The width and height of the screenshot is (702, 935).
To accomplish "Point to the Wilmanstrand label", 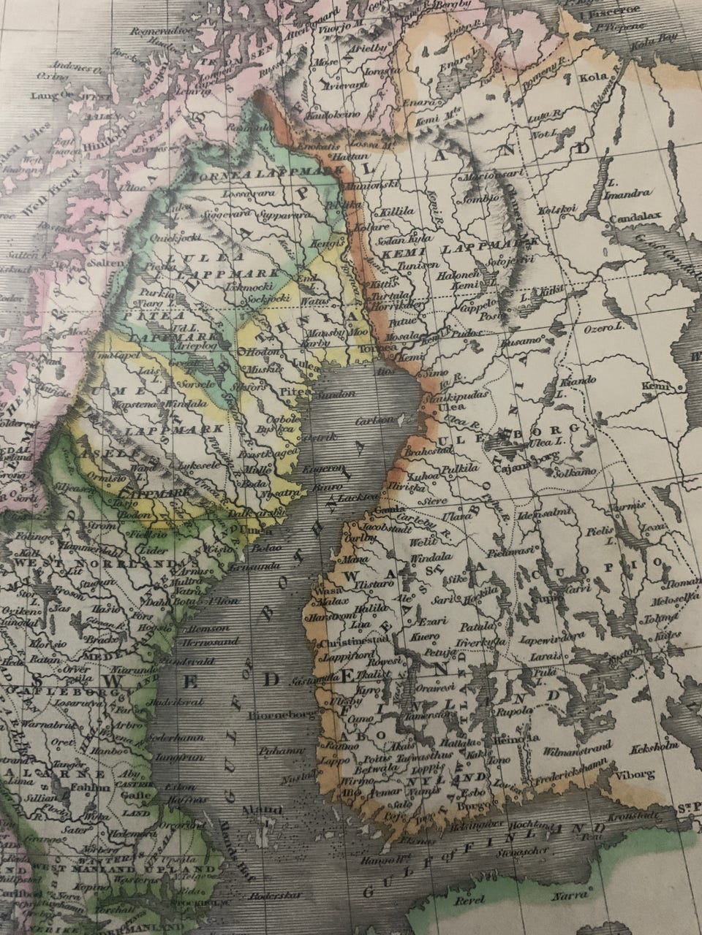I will pyautogui.click(x=575, y=747).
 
